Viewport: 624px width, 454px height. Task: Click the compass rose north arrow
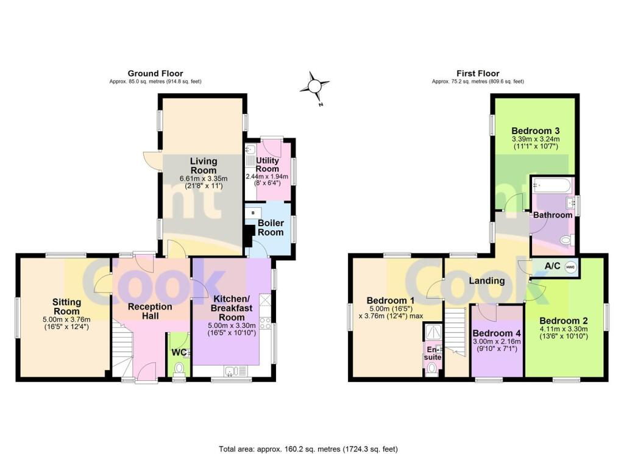point(314,86)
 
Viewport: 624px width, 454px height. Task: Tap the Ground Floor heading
point(155,74)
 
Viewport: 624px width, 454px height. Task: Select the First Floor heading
point(478,74)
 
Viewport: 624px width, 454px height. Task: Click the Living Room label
point(204,166)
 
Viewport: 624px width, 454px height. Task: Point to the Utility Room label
point(268,165)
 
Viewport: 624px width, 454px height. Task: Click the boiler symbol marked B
point(253,213)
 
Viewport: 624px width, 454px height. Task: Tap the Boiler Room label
point(271,227)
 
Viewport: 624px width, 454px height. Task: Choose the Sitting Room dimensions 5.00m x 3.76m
point(66,319)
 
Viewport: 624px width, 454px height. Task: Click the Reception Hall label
point(150,311)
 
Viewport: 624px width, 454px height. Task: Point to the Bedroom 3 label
point(535,130)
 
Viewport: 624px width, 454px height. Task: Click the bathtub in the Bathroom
point(552,185)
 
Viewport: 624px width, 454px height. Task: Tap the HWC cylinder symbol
point(570,266)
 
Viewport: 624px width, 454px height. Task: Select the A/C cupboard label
point(552,266)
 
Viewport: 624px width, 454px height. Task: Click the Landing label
point(487,281)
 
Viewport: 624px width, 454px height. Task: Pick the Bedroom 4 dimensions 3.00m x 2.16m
point(497,341)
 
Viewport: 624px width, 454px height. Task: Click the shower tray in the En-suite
point(433,333)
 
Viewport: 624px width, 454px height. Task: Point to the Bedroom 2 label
point(564,321)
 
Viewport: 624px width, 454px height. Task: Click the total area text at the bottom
point(308,449)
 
